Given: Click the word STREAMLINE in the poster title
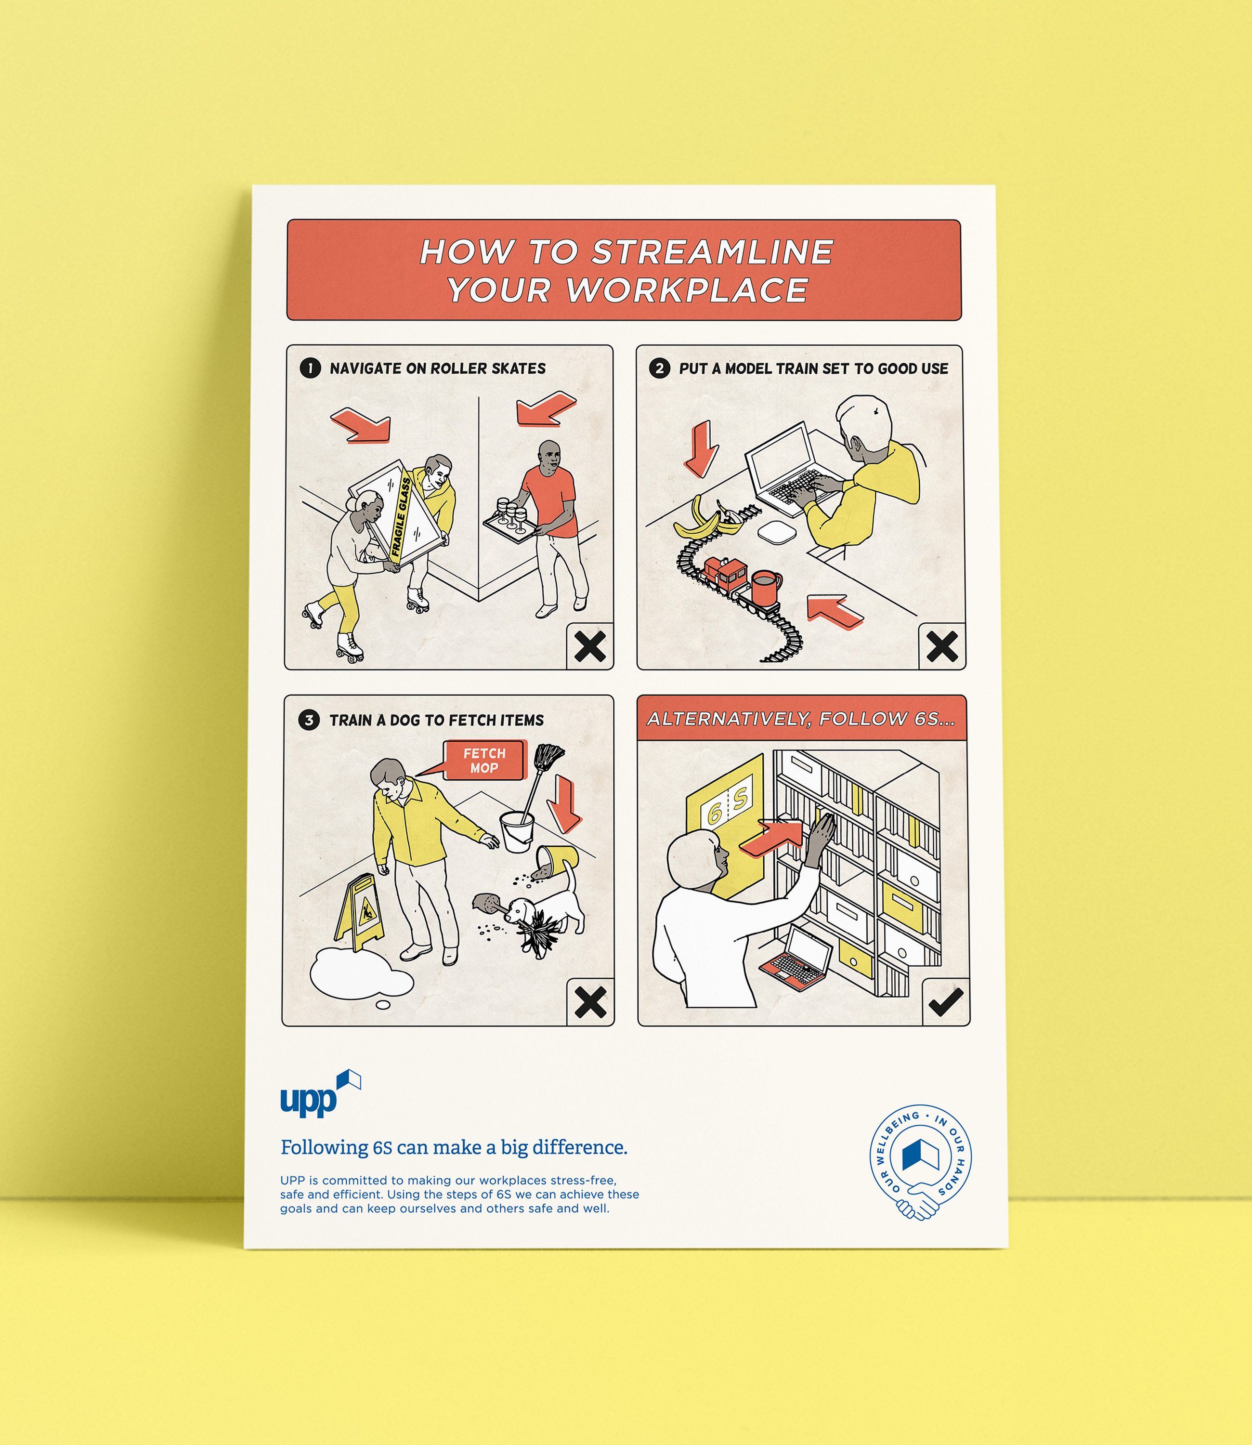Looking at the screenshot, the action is (x=713, y=252).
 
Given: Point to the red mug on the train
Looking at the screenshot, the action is (x=767, y=588).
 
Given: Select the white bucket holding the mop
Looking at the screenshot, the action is (x=517, y=831).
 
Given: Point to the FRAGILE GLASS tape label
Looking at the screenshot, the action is (x=402, y=517).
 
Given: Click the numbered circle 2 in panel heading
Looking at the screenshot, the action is (x=659, y=368).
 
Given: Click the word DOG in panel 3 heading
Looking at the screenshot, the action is (x=405, y=721).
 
